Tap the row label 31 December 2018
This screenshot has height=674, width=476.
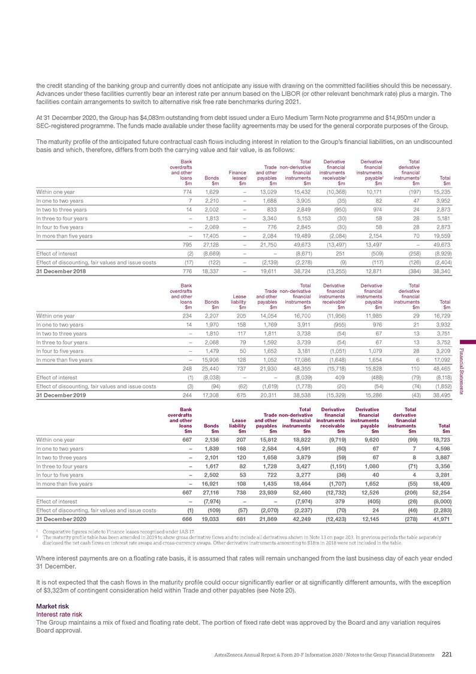pos(61,254)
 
